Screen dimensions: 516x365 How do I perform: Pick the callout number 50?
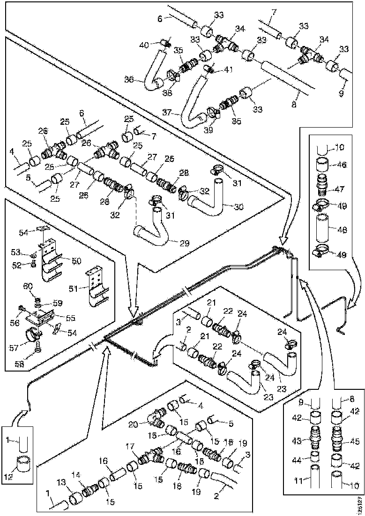pos(76,259)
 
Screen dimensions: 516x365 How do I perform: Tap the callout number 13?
pos(62,482)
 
